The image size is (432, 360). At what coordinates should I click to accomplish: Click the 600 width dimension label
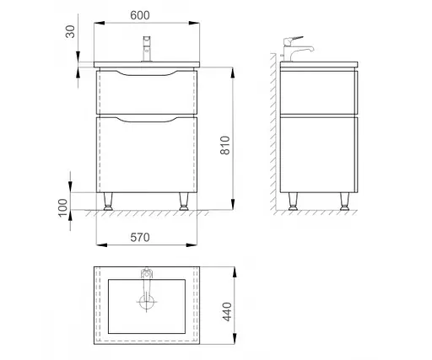pyautogui.click(x=140, y=15)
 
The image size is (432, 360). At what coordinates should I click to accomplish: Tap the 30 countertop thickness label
pyautogui.click(x=70, y=31)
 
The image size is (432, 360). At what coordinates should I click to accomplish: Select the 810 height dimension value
pyautogui.click(x=225, y=145)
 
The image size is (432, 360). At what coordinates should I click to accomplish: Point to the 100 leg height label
pyautogui.click(x=63, y=207)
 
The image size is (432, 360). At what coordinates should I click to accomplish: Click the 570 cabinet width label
pyautogui.click(x=140, y=238)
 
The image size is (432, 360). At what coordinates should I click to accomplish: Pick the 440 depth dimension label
pyautogui.click(x=227, y=312)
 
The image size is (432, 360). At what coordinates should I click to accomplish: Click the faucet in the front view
pyautogui.click(x=147, y=49)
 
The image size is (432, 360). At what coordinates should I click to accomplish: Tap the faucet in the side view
pyautogui.click(x=296, y=49)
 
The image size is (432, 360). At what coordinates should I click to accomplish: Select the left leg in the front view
pyautogui.click(x=108, y=201)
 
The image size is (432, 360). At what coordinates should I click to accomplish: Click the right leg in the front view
pyautogui.click(x=184, y=201)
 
